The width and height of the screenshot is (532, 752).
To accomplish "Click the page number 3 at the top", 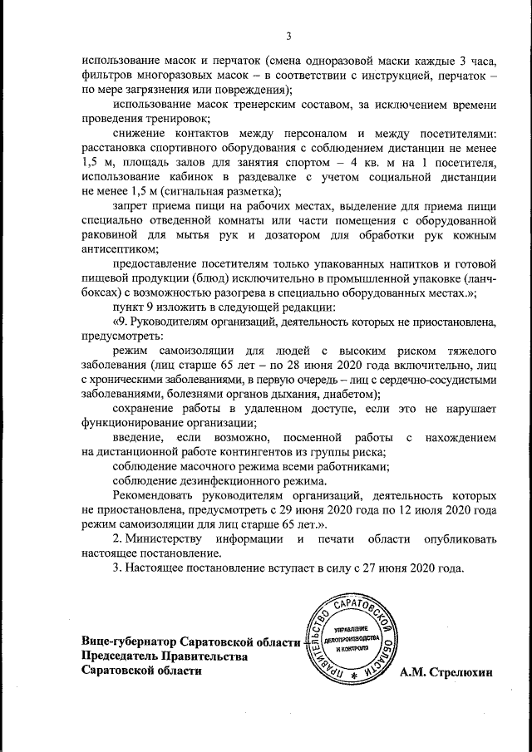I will [x=288, y=36].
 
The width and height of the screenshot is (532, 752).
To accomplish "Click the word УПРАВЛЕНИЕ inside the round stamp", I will [x=350, y=630].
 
